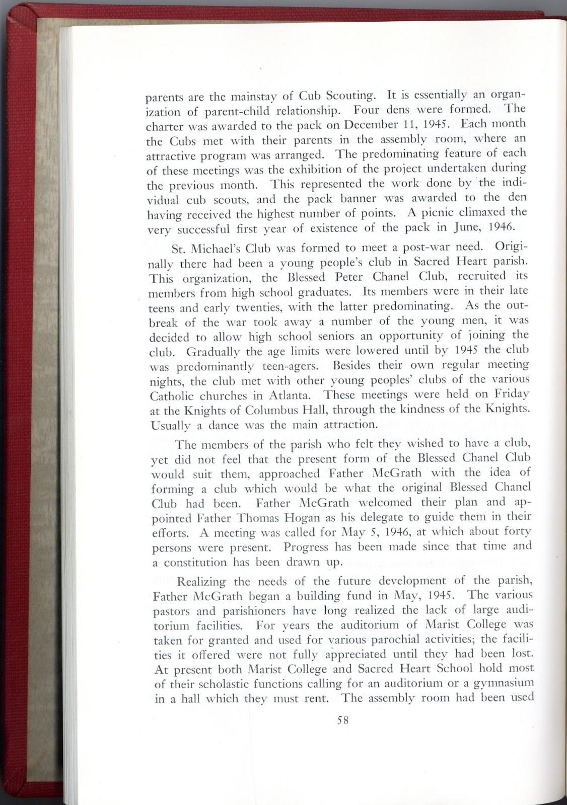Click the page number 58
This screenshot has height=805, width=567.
[343, 720]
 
